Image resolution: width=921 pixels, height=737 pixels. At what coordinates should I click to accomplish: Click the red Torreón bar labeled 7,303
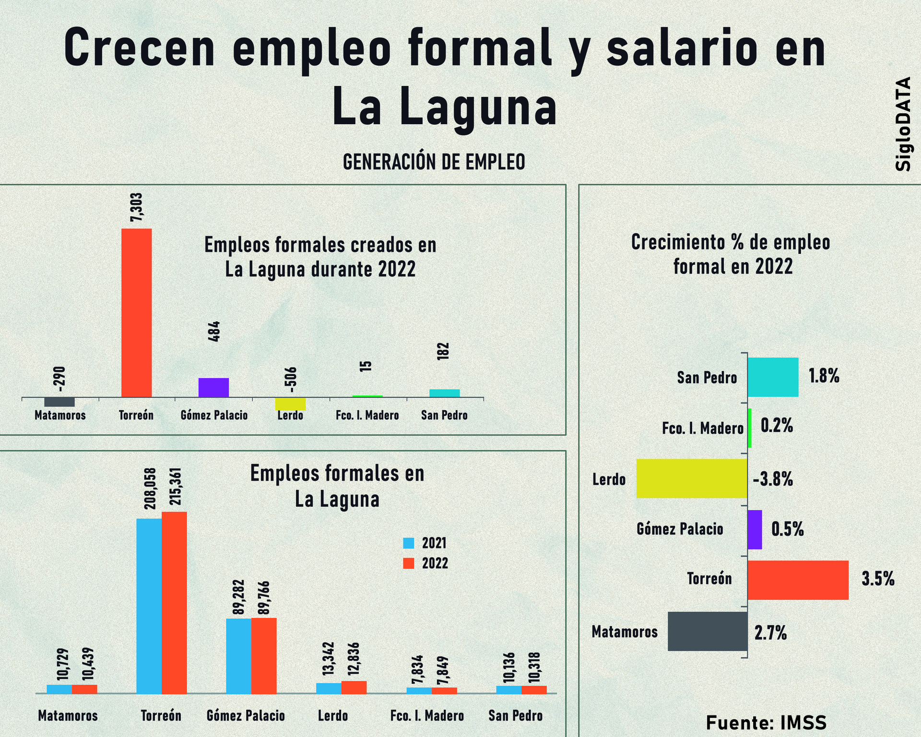(x=136, y=313)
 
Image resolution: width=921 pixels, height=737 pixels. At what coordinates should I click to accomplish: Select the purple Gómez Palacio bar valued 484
(x=213, y=388)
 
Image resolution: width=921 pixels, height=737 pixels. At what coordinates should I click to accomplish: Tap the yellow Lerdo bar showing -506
(x=290, y=404)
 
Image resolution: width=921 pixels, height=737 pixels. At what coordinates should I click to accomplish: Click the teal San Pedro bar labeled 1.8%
(x=773, y=377)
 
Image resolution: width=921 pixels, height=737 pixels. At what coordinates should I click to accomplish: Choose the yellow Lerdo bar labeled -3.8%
(x=692, y=478)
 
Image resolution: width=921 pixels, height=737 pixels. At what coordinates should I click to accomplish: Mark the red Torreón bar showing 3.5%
(x=798, y=580)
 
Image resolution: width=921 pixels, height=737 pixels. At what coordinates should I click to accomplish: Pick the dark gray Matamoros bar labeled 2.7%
(x=708, y=631)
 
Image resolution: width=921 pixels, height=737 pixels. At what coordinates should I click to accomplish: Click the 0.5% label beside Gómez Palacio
(x=787, y=529)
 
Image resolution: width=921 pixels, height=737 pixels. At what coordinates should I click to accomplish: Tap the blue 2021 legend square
(x=408, y=543)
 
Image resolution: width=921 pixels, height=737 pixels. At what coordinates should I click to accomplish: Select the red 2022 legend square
(x=408, y=563)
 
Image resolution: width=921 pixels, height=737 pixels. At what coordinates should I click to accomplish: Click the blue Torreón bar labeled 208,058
(x=149, y=606)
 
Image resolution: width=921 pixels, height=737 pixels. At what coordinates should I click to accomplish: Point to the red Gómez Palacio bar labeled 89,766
(x=264, y=656)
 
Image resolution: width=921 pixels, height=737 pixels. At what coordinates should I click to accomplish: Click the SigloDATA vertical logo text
(x=903, y=124)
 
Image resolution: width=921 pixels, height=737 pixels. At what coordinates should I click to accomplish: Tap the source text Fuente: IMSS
(x=766, y=723)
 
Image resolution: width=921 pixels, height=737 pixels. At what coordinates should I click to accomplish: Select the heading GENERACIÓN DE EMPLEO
(x=434, y=162)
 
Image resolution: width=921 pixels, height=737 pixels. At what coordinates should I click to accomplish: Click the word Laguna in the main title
(x=478, y=107)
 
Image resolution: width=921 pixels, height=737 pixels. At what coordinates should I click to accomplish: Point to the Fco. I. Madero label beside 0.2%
(x=703, y=428)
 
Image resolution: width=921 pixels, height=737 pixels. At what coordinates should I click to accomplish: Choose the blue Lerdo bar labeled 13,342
(x=329, y=689)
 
